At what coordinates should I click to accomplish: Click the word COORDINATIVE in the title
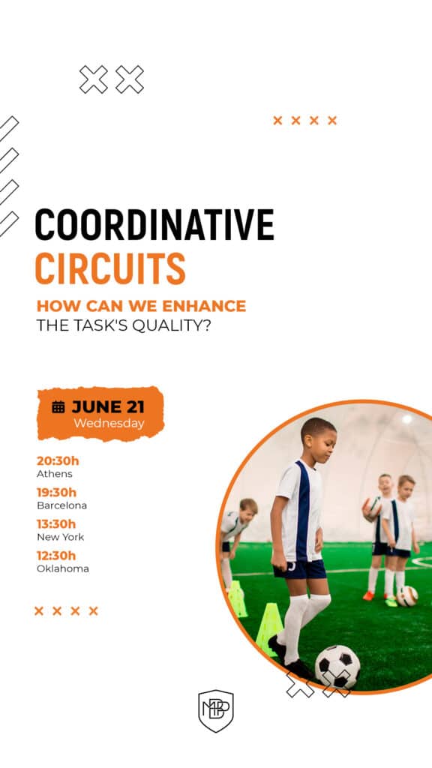[x=154, y=225]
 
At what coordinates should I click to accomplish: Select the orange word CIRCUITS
[x=110, y=269]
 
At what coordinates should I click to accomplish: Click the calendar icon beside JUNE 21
[x=58, y=407]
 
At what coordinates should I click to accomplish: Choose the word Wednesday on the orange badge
[x=109, y=424]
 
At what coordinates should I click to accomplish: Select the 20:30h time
[x=58, y=460]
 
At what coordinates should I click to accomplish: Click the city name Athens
[x=55, y=474]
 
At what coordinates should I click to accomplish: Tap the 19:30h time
[x=57, y=492]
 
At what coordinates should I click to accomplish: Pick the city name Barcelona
[x=61, y=505]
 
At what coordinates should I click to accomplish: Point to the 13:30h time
[x=56, y=523]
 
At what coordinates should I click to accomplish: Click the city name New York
[x=60, y=537]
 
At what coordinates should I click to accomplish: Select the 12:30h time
[x=56, y=555]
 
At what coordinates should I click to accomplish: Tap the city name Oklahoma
[x=63, y=568]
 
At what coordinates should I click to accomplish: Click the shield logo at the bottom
[x=216, y=710]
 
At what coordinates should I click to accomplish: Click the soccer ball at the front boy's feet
[x=337, y=664]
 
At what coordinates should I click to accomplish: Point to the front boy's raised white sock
[x=316, y=608]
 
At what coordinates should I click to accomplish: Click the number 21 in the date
[x=135, y=407]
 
